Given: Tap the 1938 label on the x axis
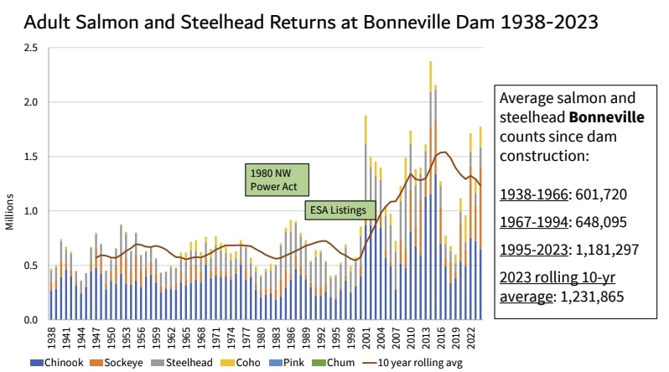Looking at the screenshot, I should [x=51, y=337].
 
